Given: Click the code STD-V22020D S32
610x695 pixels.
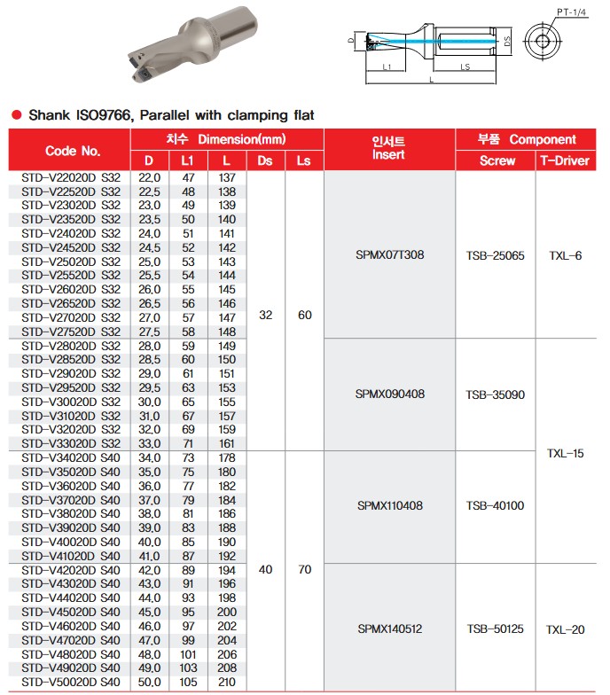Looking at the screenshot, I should (70, 178).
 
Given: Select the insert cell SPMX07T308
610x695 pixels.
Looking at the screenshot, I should (389, 255).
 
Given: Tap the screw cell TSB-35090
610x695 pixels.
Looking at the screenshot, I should (495, 394).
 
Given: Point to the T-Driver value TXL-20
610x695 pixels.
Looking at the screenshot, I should (565, 629).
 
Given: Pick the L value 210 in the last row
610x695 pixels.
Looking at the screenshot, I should (227, 682).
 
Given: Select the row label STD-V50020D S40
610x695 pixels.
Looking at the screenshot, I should (70, 682).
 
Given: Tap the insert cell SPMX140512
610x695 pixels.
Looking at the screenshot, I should (389, 629).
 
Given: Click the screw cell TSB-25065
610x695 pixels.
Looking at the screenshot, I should (495, 255).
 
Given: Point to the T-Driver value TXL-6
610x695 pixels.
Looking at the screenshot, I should (565, 255).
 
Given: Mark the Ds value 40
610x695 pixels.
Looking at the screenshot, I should (265, 570).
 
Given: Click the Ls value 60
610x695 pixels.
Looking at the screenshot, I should (304, 315).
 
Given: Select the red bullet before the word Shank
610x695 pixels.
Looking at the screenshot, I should (15, 115).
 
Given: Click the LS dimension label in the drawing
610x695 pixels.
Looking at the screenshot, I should (465, 66).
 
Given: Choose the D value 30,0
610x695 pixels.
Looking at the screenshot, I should (150, 402).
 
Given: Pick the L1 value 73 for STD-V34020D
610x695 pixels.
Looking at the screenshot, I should (188, 457).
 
